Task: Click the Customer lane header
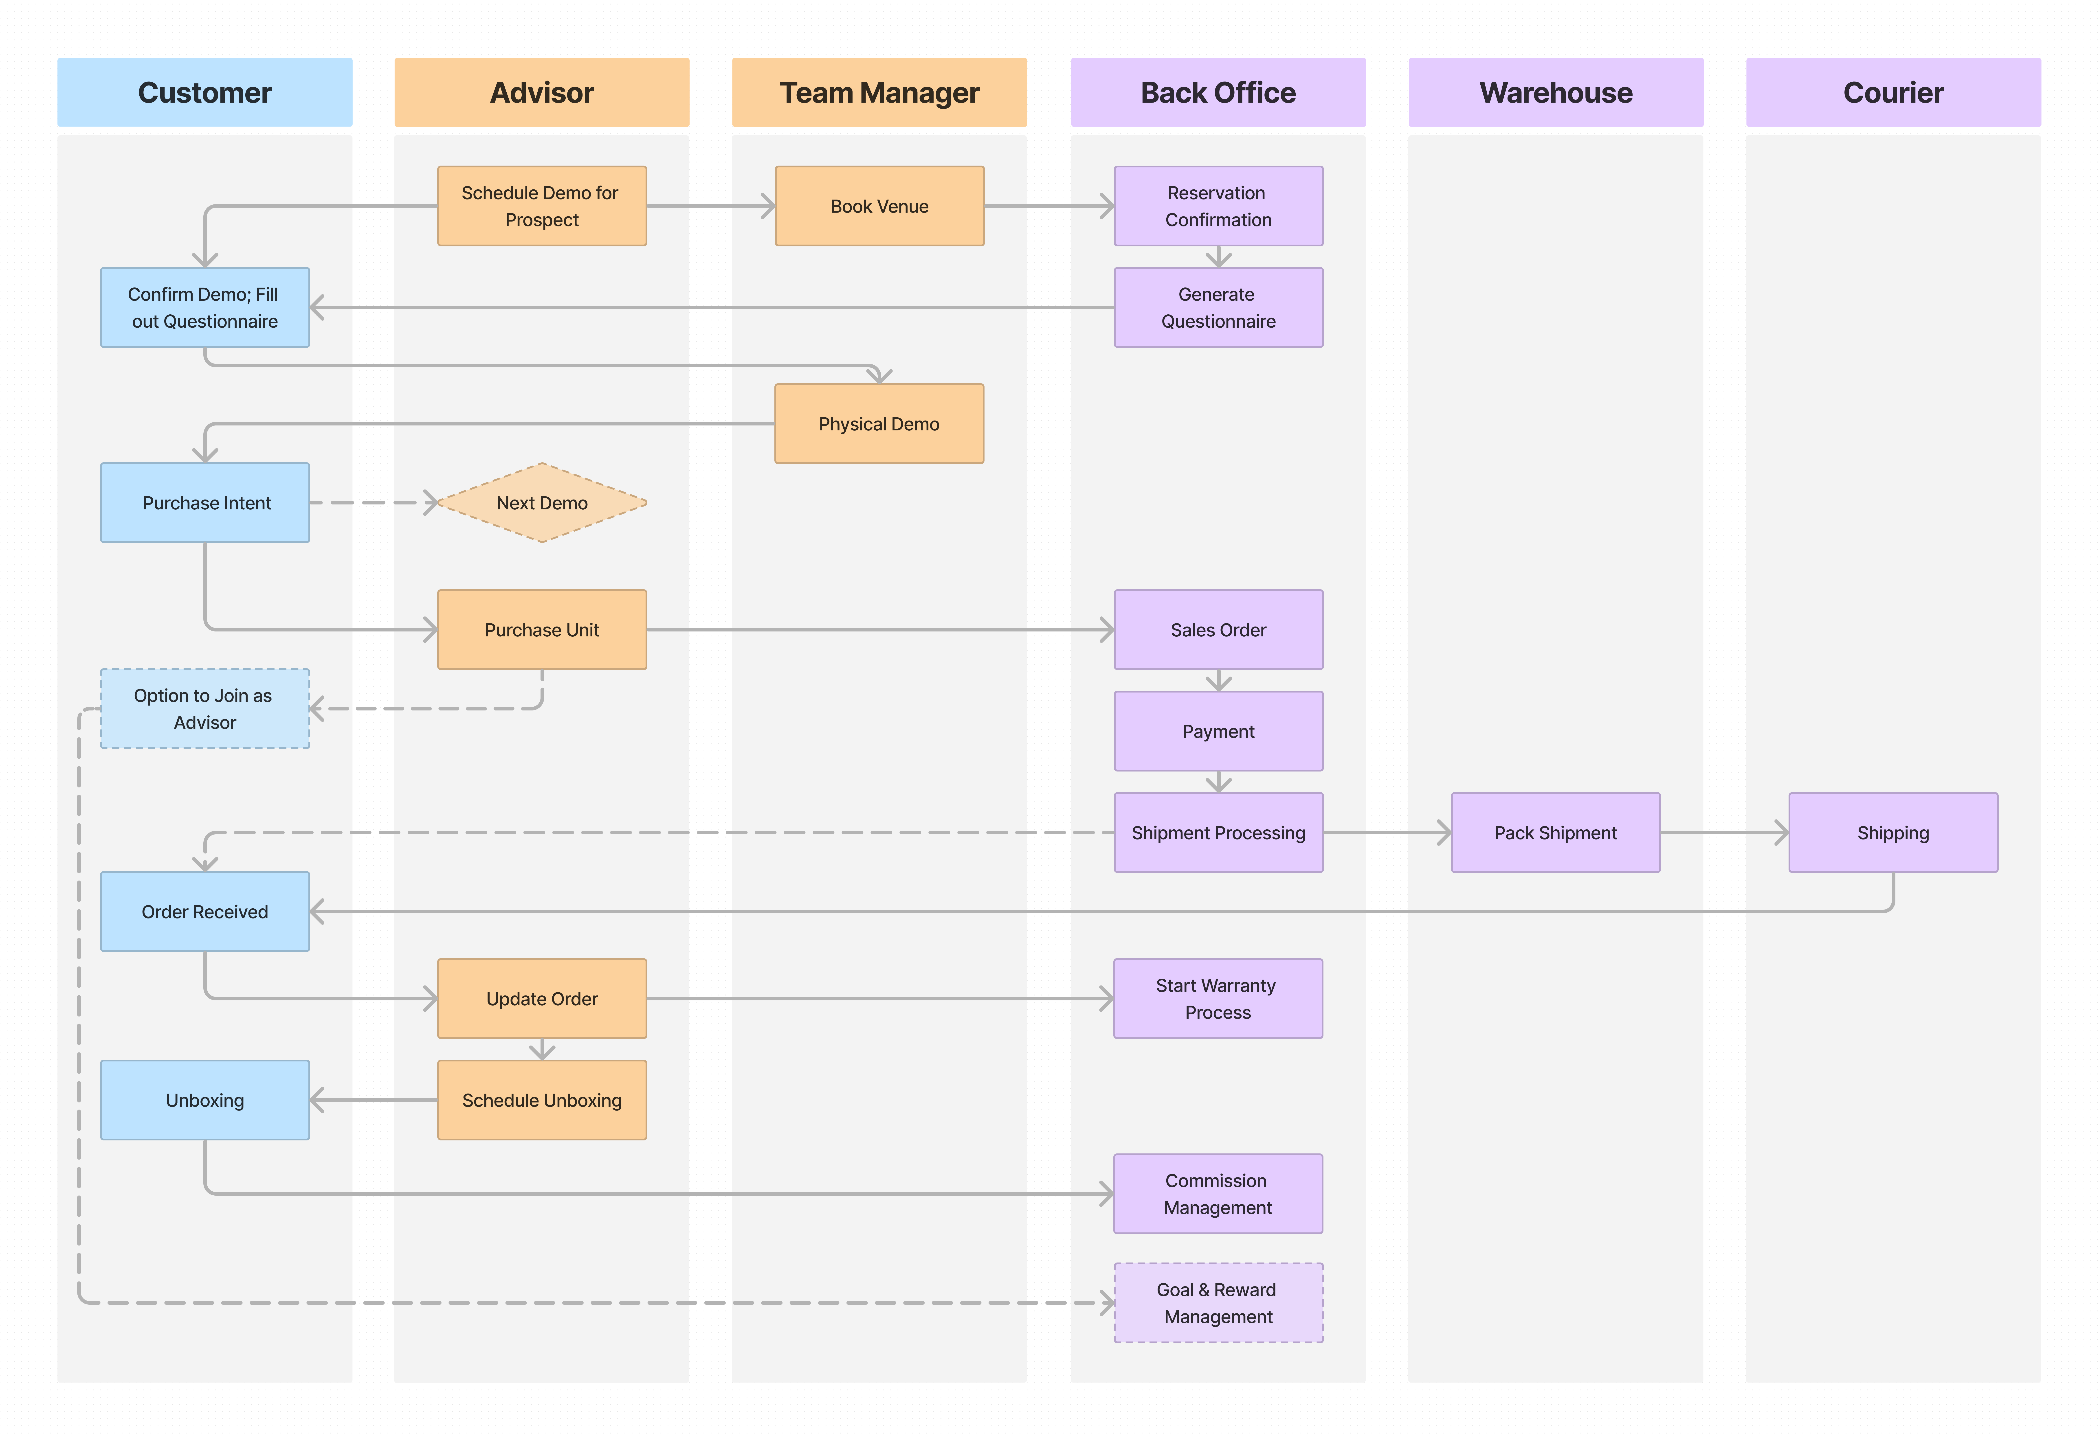205,92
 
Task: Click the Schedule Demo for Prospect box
542,206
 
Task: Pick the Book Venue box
880,206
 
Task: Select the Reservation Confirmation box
1218,206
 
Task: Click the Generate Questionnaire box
1218,307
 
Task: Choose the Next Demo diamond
542,503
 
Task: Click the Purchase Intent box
205,503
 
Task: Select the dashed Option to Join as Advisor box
205,709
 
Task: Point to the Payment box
1218,731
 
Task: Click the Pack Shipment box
1555,832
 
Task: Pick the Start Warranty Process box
1218,999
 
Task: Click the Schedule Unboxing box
542,1100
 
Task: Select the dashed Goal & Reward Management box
1218,1303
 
